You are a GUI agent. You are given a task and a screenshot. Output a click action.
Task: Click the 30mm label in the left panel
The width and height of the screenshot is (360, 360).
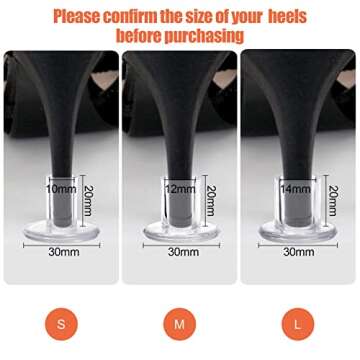coord(61,252)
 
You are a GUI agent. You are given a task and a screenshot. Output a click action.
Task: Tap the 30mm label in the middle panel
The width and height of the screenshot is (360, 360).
coord(180,252)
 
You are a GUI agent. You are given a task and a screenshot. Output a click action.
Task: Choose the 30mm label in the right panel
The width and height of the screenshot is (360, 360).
coord(298,252)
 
